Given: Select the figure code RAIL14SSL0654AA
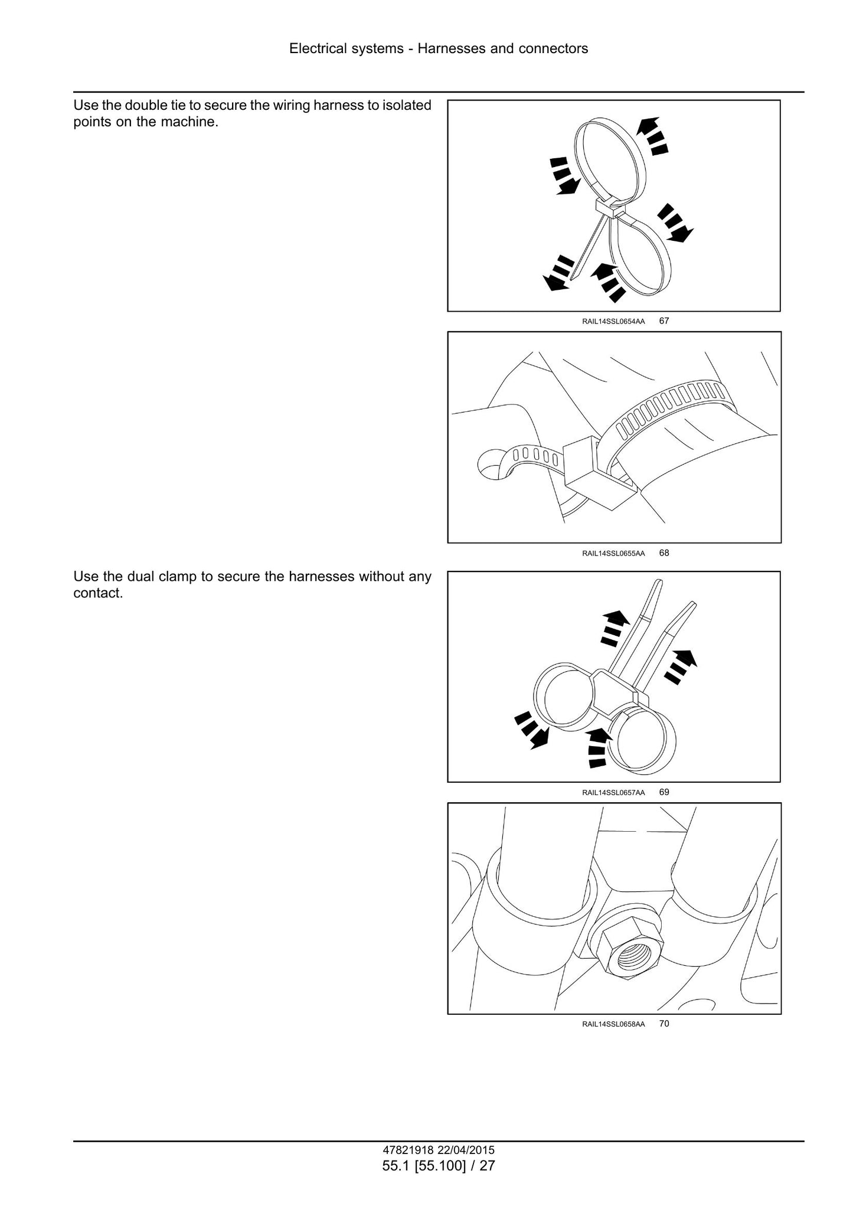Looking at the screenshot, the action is pyautogui.click(x=613, y=322).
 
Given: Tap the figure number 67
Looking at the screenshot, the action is pyautogui.click(x=664, y=321).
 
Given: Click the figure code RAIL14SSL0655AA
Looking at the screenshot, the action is pyautogui.click(x=613, y=554).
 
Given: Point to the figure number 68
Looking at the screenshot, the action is pyautogui.click(x=664, y=553).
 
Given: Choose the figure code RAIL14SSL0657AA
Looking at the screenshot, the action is pyautogui.click(x=613, y=793).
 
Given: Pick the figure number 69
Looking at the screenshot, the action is pyautogui.click(x=664, y=792).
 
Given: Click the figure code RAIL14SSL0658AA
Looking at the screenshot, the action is pyautogui.click(x=613, y=1024).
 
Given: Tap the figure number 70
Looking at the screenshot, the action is pyautogui.click(x=664, y=1024).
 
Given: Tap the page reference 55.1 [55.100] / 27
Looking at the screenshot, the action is pyautogui.click(x=439, y=1166).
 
